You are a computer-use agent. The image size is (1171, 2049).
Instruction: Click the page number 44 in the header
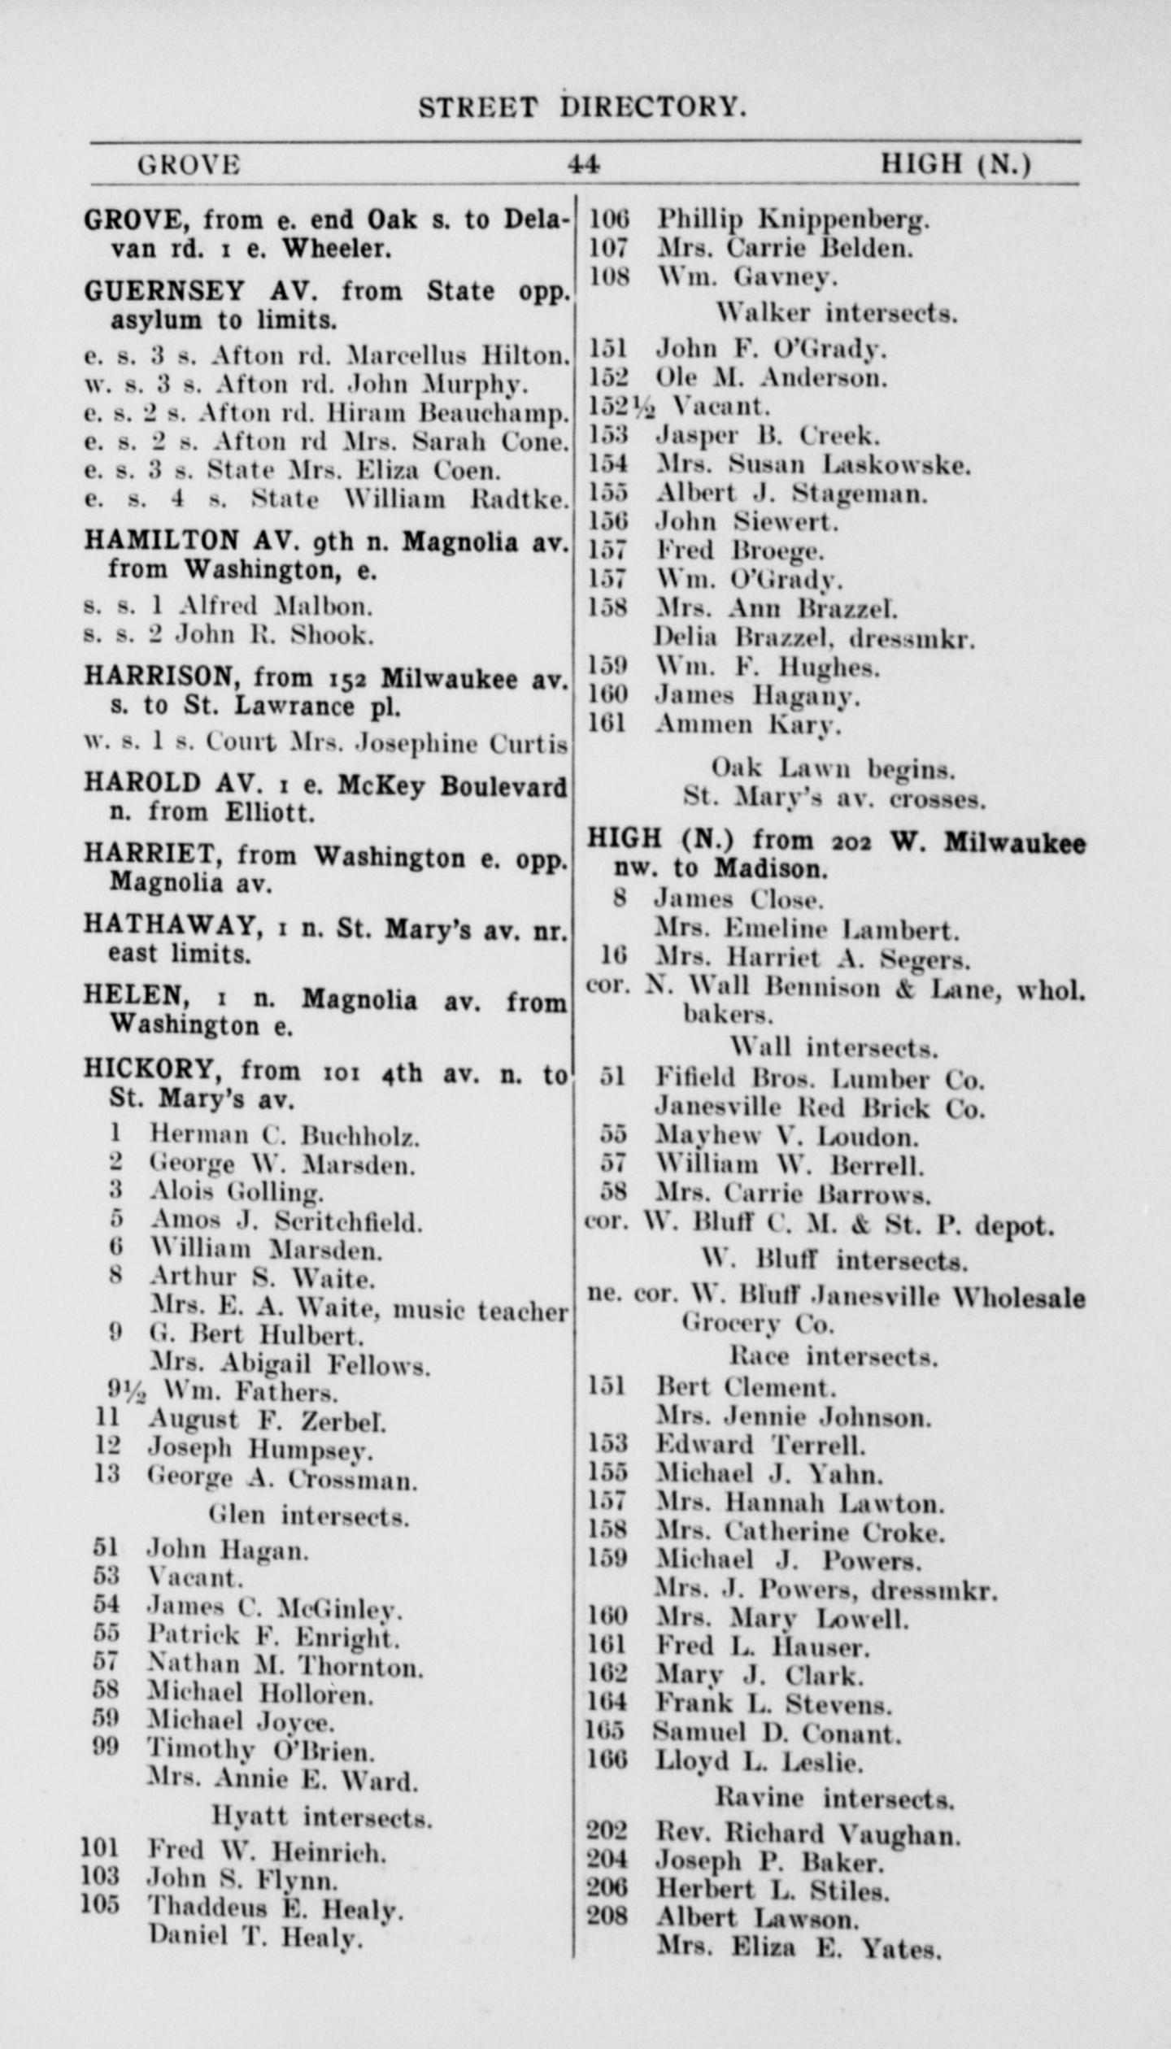pyautogui.click(x=584, y=165)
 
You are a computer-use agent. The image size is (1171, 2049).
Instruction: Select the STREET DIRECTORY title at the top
pyautogui.click(x=582, y=107)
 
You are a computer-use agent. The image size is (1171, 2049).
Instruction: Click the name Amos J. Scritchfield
pyautogui.click(x=285, y=1221)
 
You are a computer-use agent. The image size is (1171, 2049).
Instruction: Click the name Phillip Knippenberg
pyautogui.click(x=793, y=219)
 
